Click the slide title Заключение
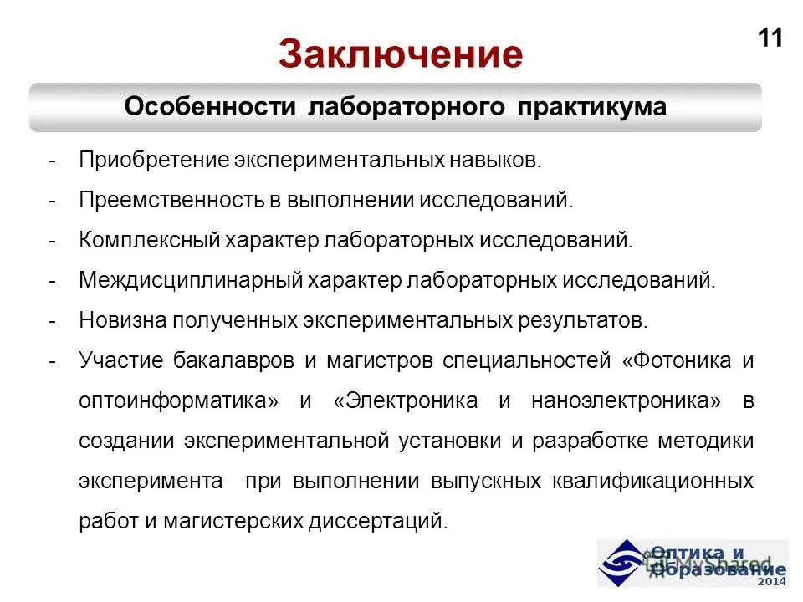coord(401,54)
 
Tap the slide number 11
coord(770,38)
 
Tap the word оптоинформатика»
coord(178,401)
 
